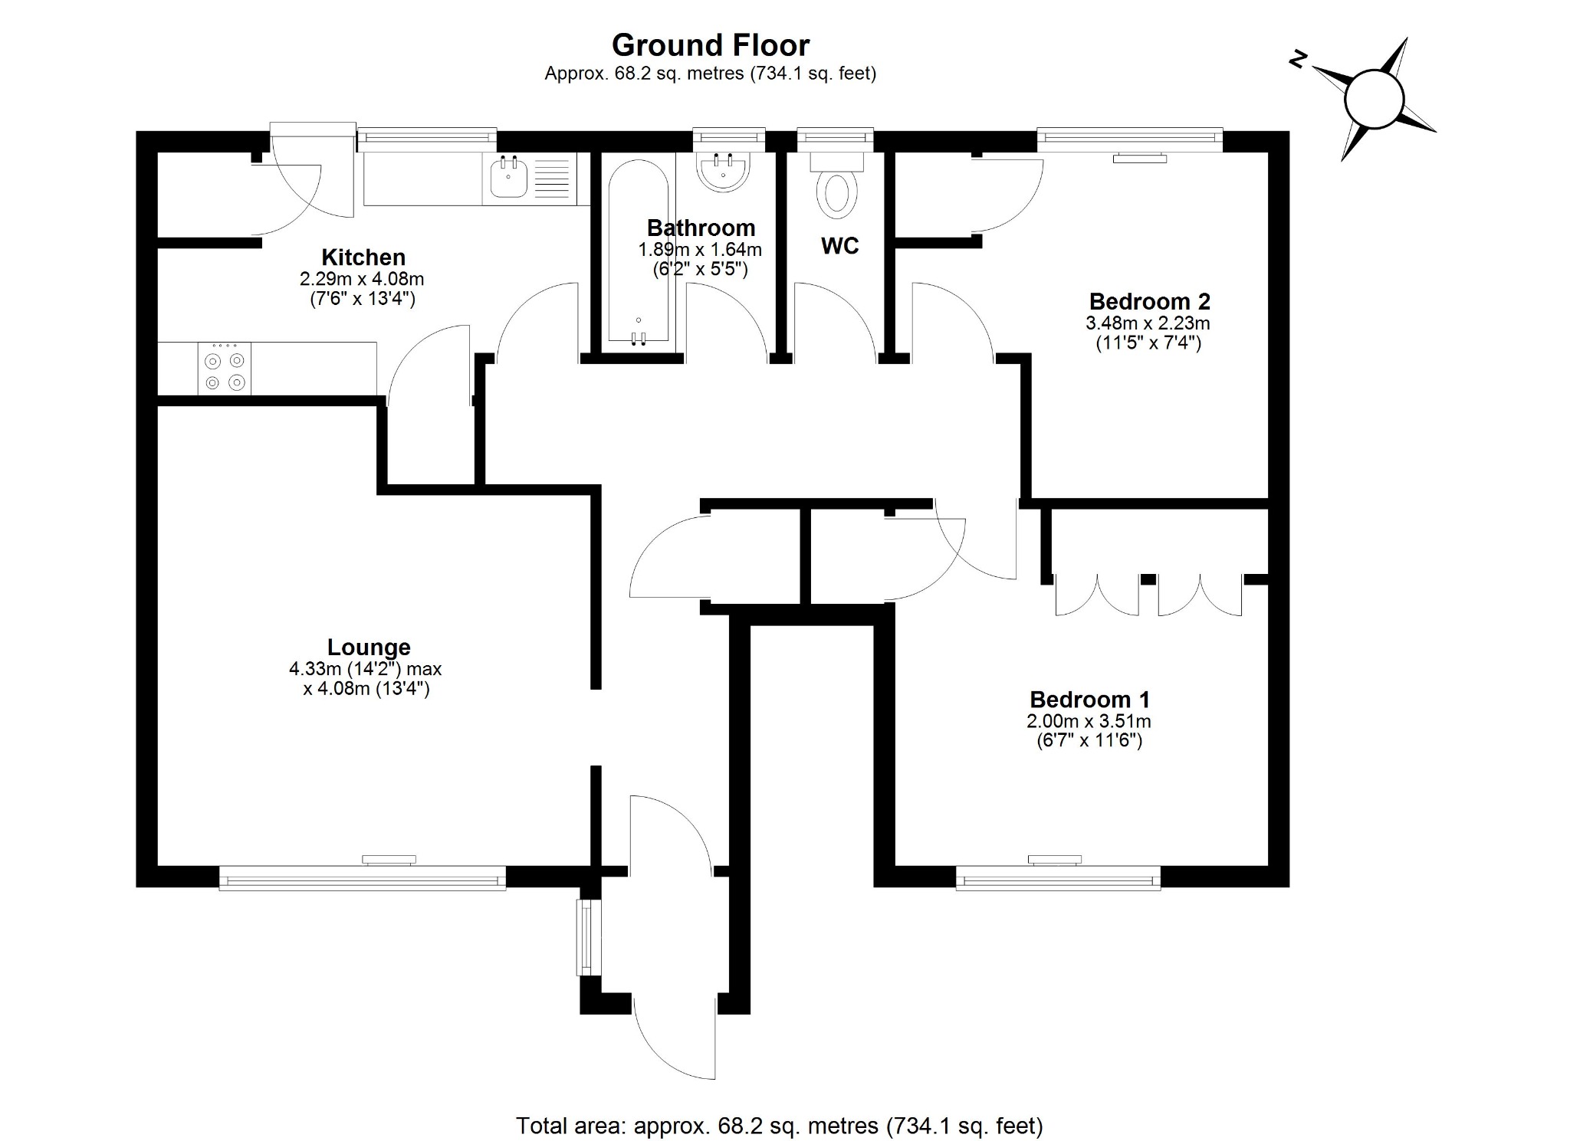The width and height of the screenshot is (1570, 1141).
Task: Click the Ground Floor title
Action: click(x=710, y=45)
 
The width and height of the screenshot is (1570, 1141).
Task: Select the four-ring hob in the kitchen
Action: click(x=225, y=369)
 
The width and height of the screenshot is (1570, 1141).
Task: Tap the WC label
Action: click(x=839, y=246)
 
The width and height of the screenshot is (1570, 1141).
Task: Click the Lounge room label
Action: click(x=369, y=648)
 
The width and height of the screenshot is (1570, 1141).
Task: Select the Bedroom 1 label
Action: click(x=1089, y=700)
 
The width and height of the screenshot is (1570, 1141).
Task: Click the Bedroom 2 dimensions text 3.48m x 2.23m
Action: click(x=1148, y=323)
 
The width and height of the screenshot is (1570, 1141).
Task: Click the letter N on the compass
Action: click(x=1297, y=60)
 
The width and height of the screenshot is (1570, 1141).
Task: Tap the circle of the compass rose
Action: click(x=1375, y=100)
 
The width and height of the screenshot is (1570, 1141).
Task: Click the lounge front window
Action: click(x=362, y=877)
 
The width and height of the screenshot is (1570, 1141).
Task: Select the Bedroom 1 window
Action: click(x=1058, y=877)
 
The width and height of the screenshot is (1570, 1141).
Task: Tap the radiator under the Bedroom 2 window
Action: click(x=1141, y=159)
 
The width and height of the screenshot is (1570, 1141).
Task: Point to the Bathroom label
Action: click(x=701, y=228)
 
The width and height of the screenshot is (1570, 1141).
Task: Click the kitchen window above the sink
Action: click(x=427, y=137)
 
